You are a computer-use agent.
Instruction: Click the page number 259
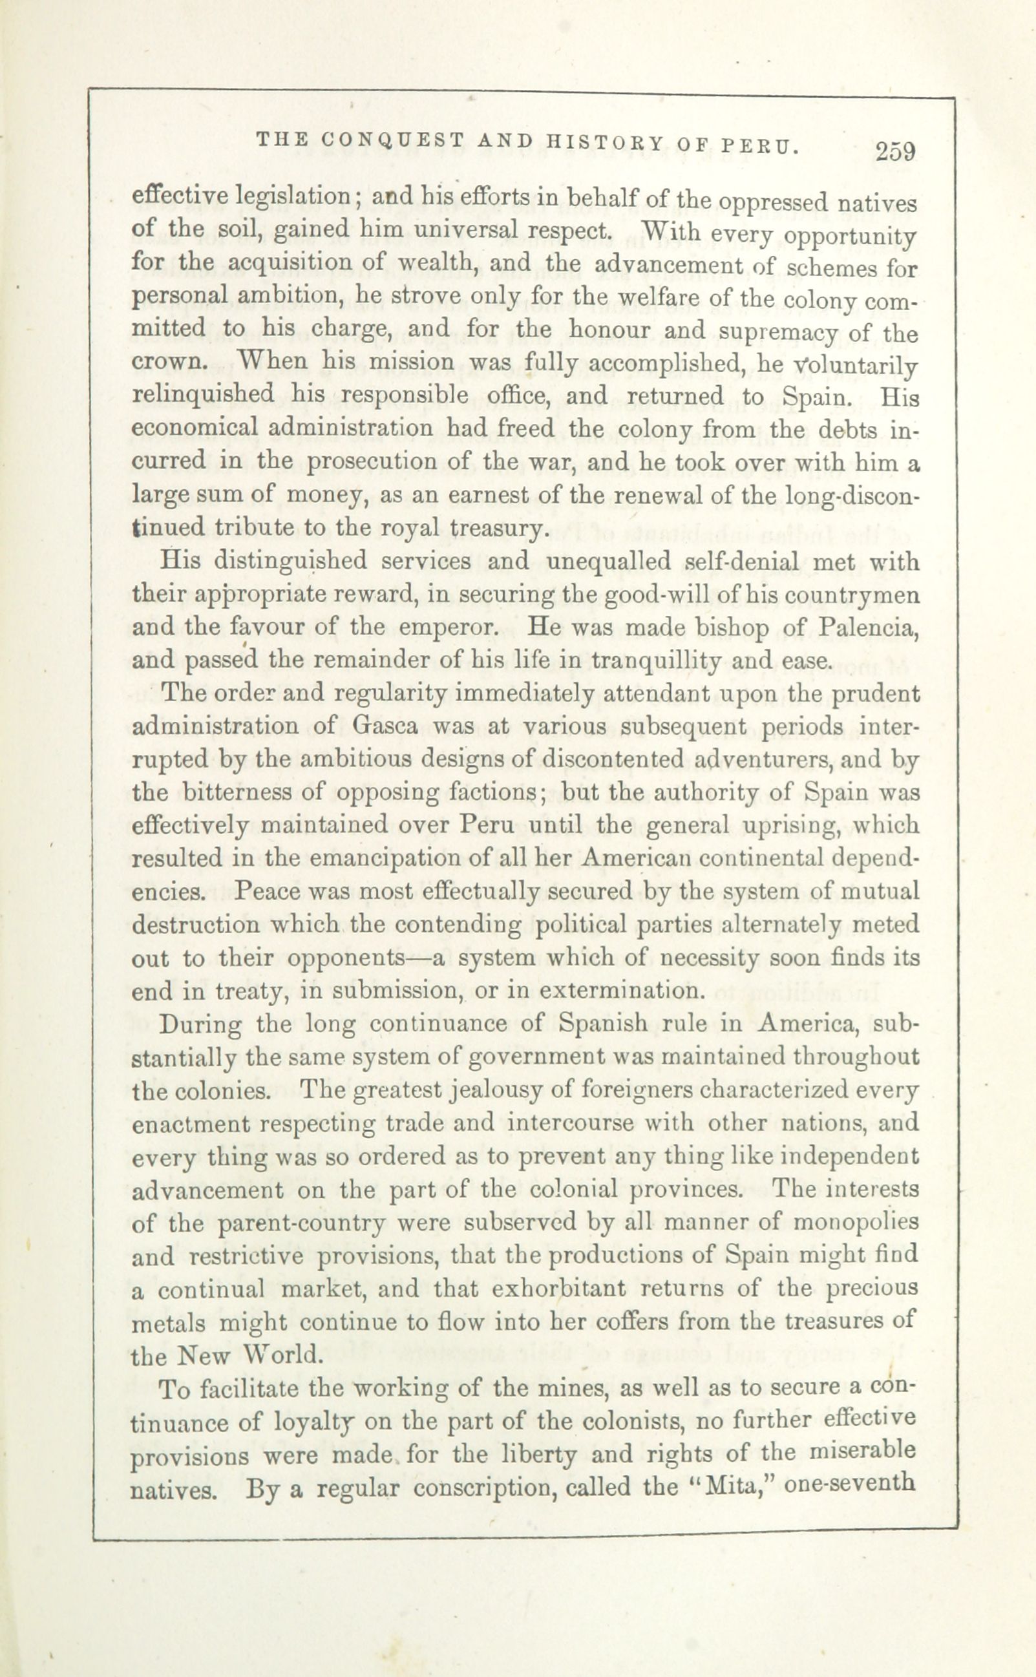click(x=894, y=151)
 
